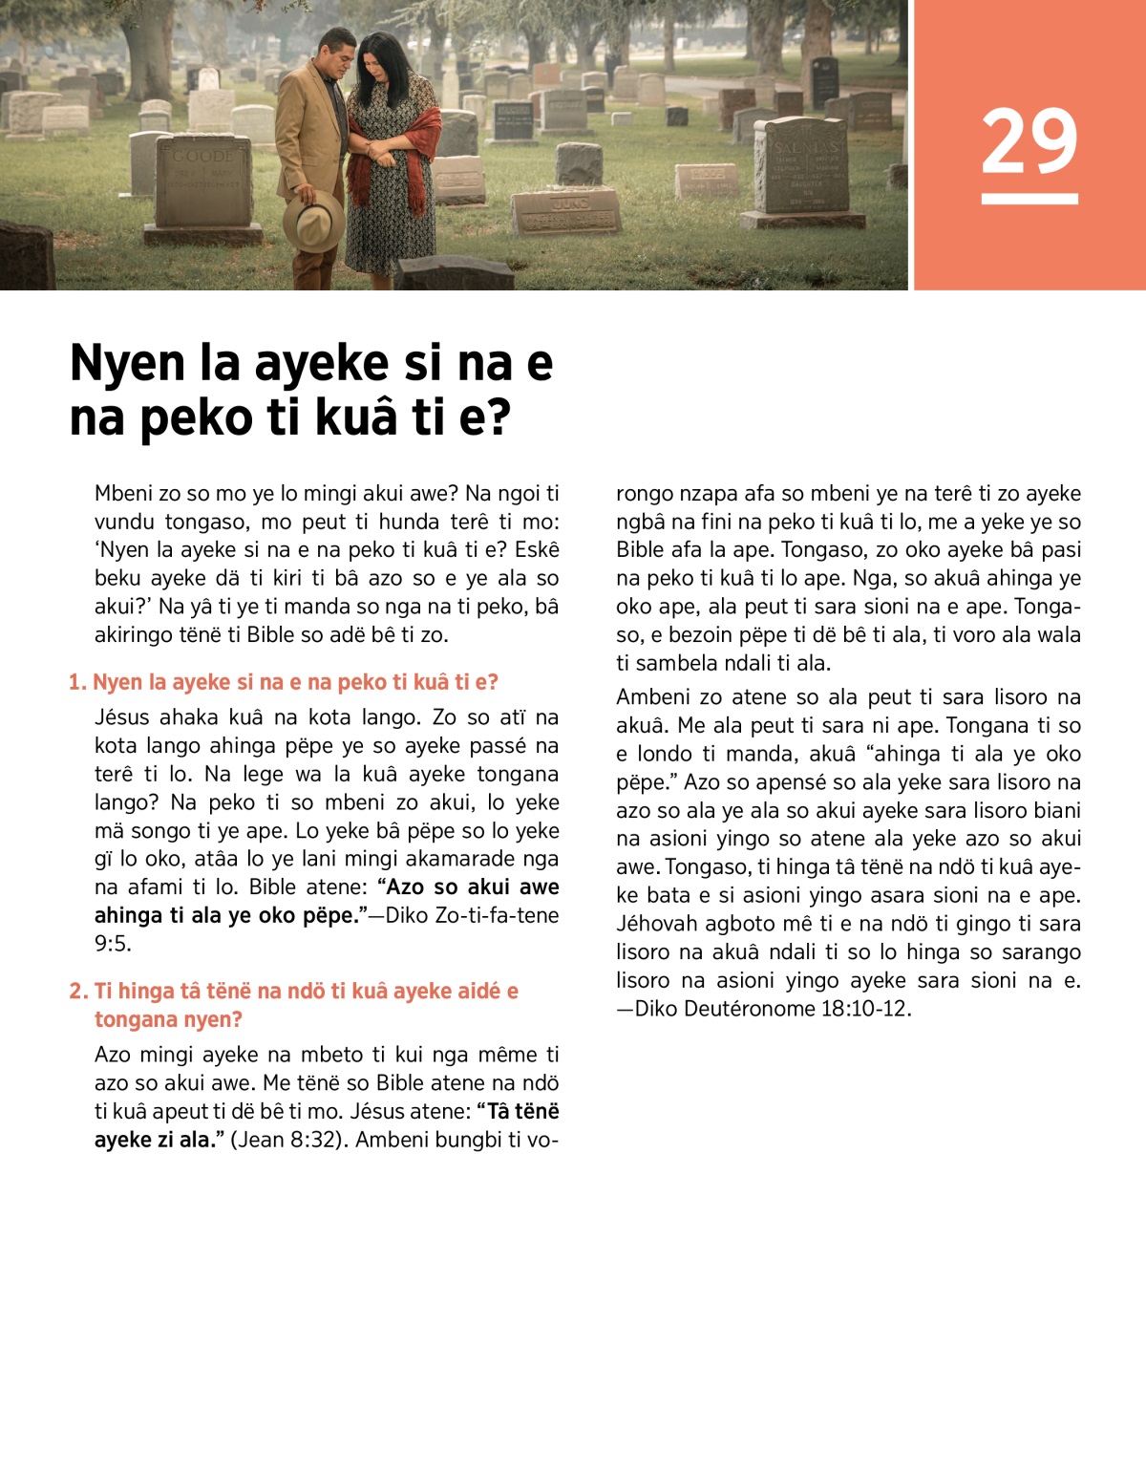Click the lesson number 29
1029,140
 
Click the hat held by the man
313,221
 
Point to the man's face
337,57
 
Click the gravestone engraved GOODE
202,182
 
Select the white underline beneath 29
1029,199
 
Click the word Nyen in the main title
127,363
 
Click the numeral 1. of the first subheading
77,682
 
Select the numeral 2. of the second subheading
78,991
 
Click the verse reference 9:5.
113,944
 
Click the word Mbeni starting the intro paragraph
123,493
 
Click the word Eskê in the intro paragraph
537,550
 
